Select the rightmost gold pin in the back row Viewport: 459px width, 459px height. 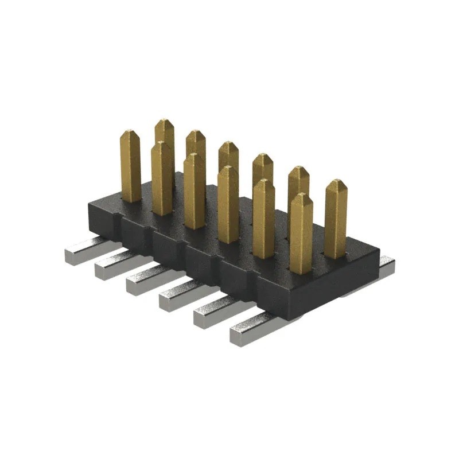(x=336, y=221)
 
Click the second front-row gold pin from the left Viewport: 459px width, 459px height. (x=162, y=180)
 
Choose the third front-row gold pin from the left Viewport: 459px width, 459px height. (x=195, y=192)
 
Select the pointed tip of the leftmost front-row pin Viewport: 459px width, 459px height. (x=130, y=134)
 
